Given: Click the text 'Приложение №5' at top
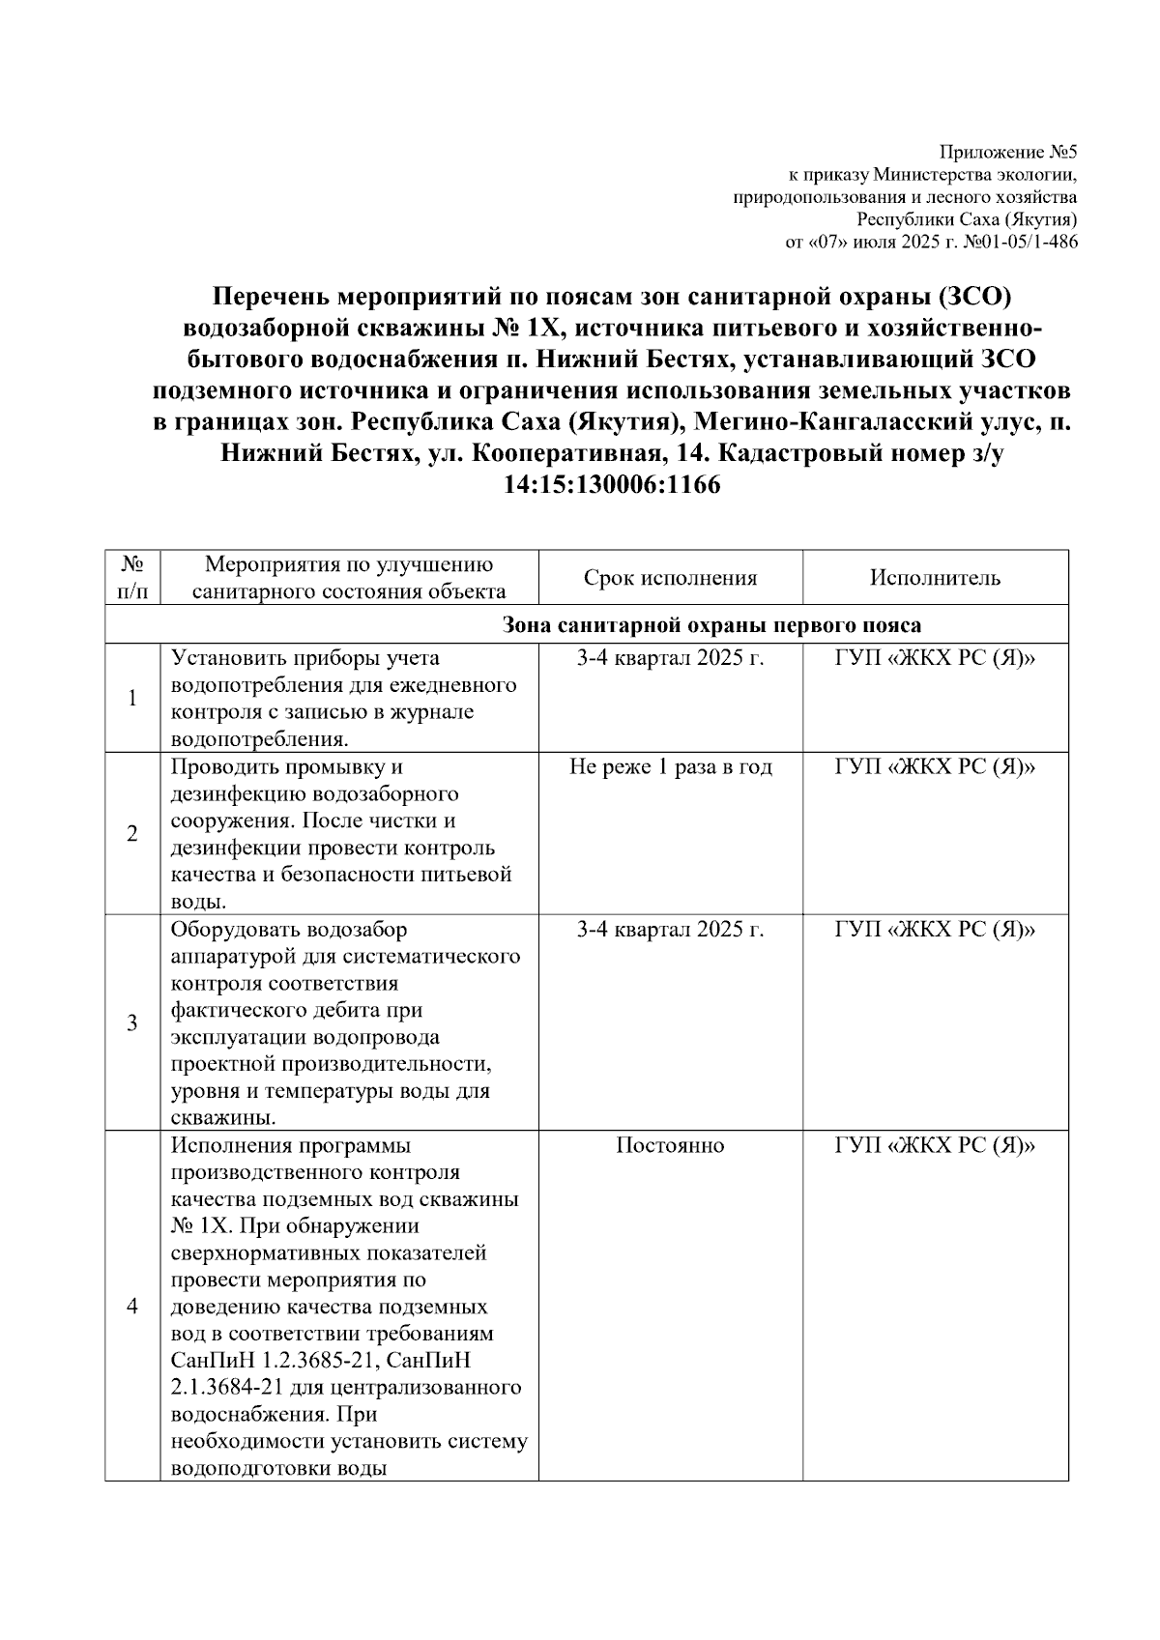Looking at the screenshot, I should tap(1008, 153).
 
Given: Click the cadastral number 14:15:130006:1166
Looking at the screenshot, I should tap(612, 485).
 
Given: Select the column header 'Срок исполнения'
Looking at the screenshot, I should tap(670, 578).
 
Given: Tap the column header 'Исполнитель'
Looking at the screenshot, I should tap(935, 578).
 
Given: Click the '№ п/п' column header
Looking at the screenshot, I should tap(133, 577).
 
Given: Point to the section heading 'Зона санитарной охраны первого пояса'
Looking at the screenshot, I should tap(711, 624).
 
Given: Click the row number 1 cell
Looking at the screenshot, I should tap(133, 698).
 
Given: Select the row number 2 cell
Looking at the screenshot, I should tap(133, 833).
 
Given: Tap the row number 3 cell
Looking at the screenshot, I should tap(133, 1022).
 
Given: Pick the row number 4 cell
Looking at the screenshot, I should tap(133, 1306).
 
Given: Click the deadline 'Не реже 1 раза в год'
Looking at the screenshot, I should tap(670, 767).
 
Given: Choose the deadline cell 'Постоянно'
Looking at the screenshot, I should tap(670, 1145).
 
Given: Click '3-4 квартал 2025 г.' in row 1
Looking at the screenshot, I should tap(670, 658).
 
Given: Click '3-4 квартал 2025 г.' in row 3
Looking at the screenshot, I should tap(670, 930).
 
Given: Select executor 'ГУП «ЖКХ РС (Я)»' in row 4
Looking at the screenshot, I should tap(935, 1145).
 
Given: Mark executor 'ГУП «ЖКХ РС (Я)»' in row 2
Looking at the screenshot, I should tap(935, 767).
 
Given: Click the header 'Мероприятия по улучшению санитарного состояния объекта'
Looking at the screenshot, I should tap(349, 578).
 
